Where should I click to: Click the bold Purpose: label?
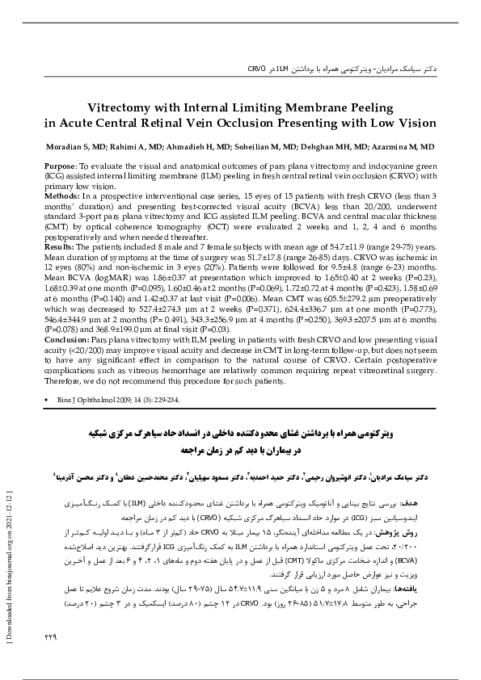coord(61,165)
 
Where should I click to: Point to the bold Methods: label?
coord(62,196)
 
